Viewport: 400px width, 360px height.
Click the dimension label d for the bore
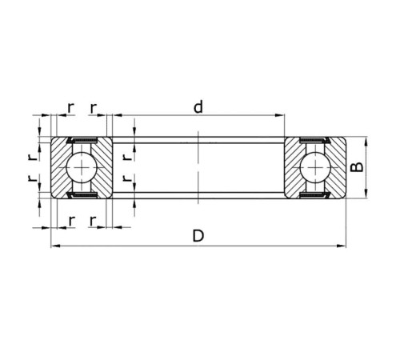coord(197,106)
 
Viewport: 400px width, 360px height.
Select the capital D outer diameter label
coord(198,236)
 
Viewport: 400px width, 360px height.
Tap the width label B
coord(359,168)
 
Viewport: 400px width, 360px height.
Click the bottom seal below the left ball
coord(81,194)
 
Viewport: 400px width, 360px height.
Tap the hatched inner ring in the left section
coord(102,168)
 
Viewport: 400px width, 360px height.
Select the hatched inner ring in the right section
coord(294,168)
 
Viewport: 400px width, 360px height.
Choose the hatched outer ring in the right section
coord(338,168)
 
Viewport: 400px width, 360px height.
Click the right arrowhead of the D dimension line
coord(342,246)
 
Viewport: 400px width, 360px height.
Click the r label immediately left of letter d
coord(94,106)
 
